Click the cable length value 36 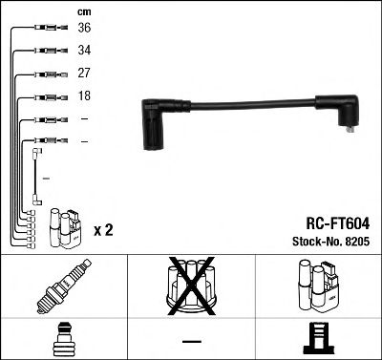(85, 30)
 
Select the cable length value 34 (85, 52)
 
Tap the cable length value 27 (85, 74)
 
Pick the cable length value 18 (85, 96)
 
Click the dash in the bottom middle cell (191, 341)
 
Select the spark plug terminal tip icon (63, 339)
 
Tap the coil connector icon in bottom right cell (317, 339)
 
